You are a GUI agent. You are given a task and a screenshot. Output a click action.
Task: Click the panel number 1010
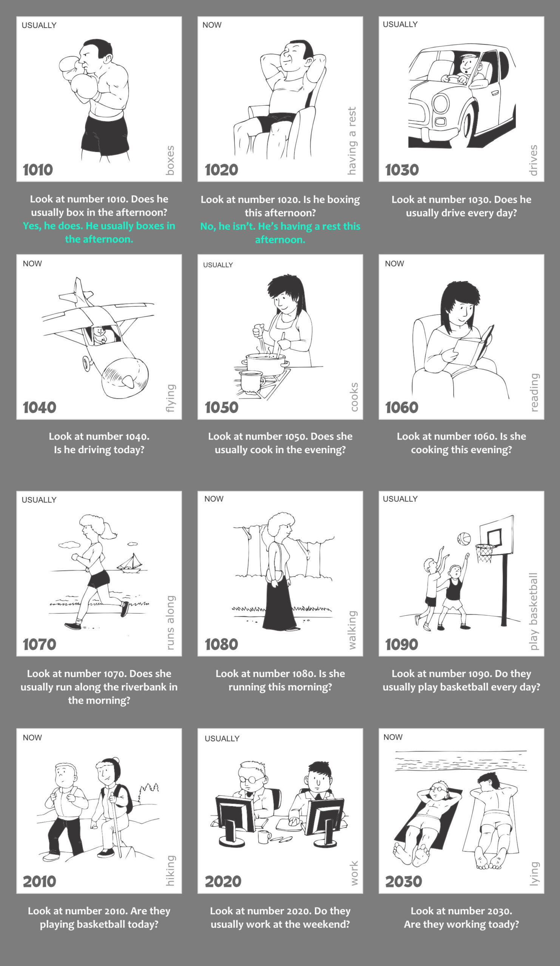(38, 170)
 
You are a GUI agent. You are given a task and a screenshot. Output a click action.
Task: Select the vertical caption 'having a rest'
(352, 141)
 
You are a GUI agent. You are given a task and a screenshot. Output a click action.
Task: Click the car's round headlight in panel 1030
(440, 103)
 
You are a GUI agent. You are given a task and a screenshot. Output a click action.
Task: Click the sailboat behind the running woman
(130, 563)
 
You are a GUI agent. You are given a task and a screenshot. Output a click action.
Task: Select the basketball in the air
(464, 538)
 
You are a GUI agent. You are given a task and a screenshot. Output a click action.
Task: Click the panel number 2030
(404, 881)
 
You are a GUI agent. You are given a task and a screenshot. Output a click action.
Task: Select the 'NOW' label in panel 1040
(32, 264)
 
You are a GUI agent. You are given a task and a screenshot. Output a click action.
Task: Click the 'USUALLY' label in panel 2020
(222, 739)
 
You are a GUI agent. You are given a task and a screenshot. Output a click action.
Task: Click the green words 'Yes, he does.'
(53, 226)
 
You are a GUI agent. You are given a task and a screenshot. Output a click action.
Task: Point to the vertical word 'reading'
(534, 392)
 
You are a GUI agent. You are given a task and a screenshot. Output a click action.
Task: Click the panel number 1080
(221, 645)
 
